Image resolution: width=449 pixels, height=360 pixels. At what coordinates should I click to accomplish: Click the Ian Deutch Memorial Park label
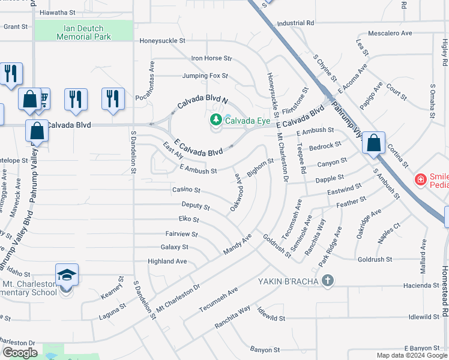(83, 32)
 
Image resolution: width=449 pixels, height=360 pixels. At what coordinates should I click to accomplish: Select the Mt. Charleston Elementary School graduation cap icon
(67, 275)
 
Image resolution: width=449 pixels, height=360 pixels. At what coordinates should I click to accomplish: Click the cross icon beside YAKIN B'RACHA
(327, 280)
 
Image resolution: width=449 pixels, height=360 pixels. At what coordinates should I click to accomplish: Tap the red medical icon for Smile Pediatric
(421, 179)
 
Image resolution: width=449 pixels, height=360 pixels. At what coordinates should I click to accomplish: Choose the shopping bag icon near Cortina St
(373, 143)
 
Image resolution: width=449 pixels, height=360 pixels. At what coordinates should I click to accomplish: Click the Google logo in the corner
(20, 353)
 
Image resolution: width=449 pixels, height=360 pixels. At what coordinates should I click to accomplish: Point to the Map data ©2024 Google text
(412, 355)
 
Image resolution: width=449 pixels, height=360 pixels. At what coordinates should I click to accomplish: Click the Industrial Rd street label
(295, 23)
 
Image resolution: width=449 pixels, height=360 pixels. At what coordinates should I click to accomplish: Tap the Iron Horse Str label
(211, 58)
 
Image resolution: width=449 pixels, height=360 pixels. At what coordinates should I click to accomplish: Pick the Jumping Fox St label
(205, 76)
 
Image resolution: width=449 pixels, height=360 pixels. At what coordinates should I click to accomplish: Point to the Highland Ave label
(167, 261)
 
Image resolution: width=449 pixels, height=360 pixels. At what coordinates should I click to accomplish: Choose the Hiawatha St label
(57, 12)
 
